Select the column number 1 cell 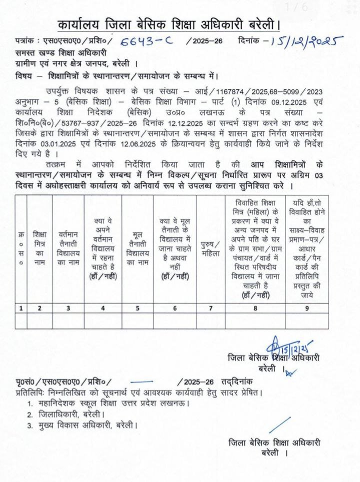coord(21,308)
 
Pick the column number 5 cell coord(136,308)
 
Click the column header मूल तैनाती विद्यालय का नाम coord(136,247)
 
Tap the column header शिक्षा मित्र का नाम coord(39,247)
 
